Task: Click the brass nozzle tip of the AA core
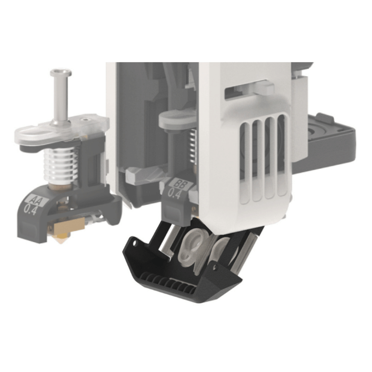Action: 61,242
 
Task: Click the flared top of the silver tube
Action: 60,73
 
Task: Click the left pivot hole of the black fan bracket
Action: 134,243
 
